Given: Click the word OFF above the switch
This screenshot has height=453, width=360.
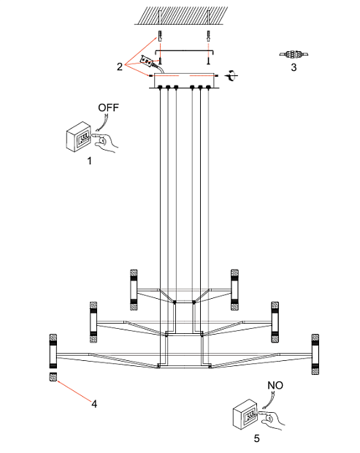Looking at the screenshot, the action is coord(108,107).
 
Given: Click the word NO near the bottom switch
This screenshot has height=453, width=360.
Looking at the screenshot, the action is coord(275,385).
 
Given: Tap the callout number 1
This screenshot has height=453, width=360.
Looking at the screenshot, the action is coord(90,161).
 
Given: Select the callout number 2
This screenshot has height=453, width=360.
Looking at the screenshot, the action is coord(120,66).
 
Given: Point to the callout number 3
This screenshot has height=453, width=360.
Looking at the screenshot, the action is coord(294,67).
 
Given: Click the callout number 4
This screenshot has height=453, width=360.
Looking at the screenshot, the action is coord(94,404).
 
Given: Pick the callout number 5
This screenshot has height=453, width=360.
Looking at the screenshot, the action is coord(256,438).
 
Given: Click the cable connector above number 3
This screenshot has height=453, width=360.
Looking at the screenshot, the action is coord(294,54).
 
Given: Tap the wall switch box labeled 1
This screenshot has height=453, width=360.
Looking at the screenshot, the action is coord(79,137).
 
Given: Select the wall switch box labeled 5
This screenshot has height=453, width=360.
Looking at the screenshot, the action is coord(245,414).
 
